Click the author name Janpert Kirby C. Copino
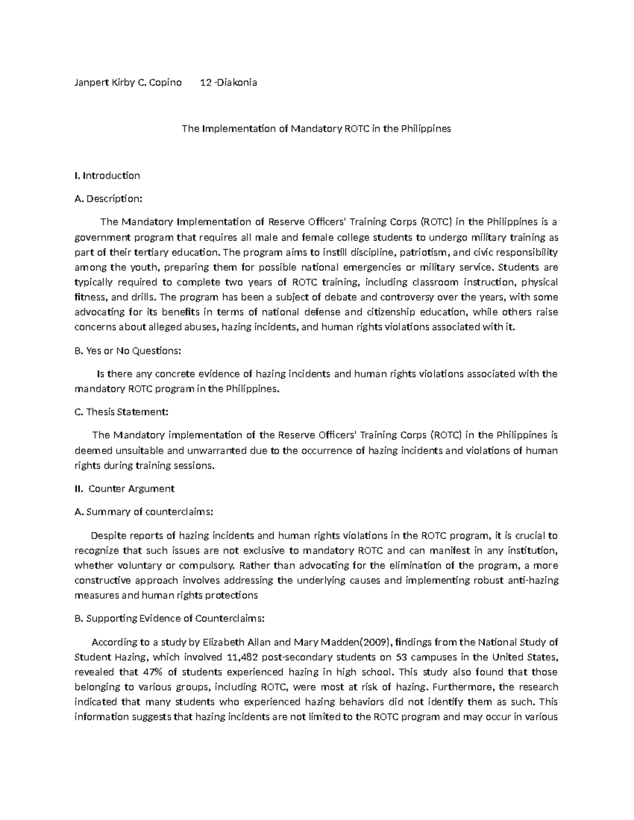click(x=128, y=82)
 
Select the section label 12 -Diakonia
click(x=229, y=82)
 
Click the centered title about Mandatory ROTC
click(x=316, y=128)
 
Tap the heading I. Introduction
click(x=107, y=175)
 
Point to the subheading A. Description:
click(x=109, y=199)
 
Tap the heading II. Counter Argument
click(x=125, y=488)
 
